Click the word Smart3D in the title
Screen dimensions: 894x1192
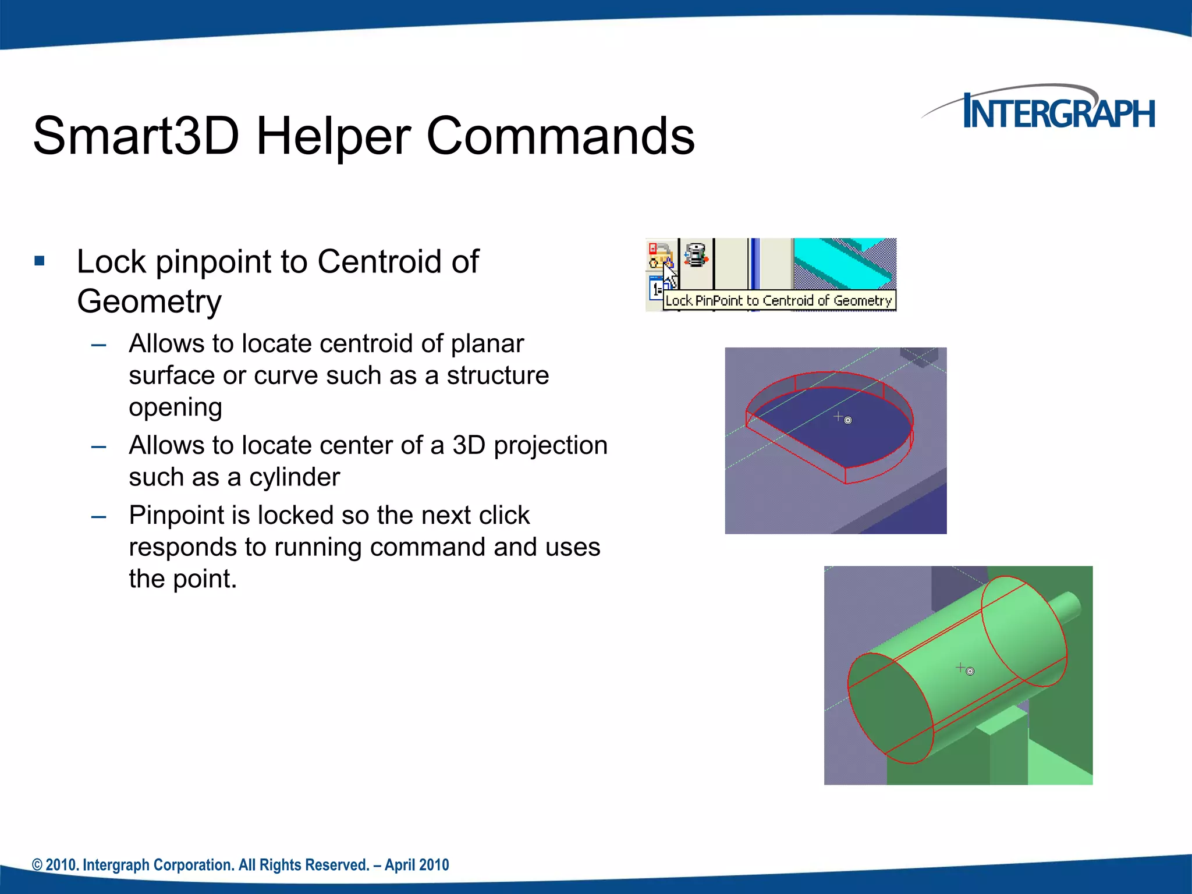[x=136, y=136]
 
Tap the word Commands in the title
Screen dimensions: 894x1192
[x=560, y=136]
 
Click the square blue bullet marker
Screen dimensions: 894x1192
[x=40, y=261]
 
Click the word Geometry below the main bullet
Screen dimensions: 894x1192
[x=149, y=301]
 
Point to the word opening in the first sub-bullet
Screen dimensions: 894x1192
[x=175, y=407]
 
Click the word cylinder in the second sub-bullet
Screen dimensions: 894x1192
[x=294, y=477]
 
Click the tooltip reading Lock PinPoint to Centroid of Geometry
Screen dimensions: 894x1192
[x=779, y=301]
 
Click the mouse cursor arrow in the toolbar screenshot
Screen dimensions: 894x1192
[x=669, y=274]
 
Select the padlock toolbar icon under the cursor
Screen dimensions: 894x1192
[x=660, y=256]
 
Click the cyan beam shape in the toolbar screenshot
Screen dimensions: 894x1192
[x=844, y=262]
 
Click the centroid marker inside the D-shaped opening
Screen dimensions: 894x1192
[x=847, y=420]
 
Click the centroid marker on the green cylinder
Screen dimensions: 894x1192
[x=970, y=672]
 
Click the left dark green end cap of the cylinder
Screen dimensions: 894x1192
[x=888, y=707]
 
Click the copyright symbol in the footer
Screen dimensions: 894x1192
[x=37, y=865]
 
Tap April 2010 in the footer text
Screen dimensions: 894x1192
[x=417, y=865]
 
